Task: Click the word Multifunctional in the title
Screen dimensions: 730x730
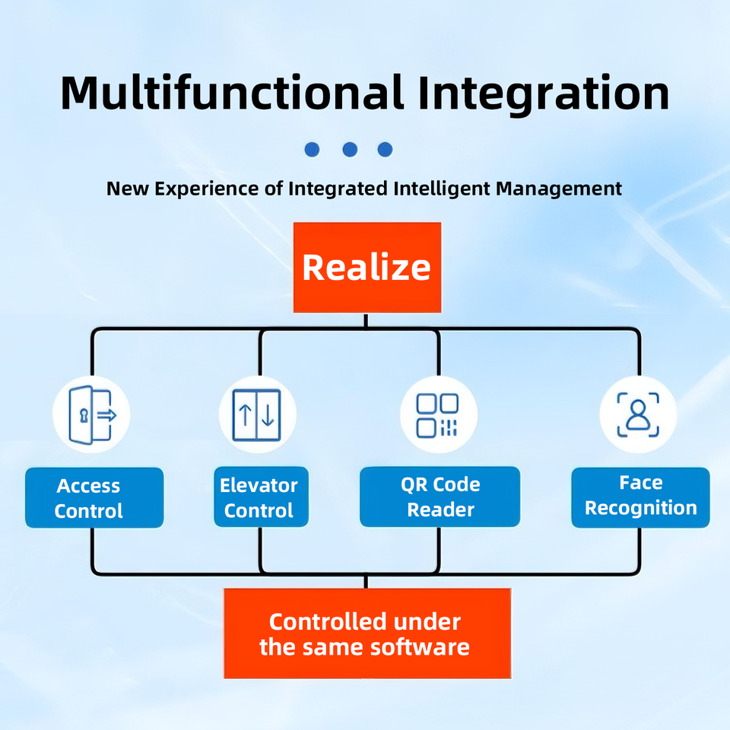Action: [x=232, y=93]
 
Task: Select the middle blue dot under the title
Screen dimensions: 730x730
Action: [x=350, y=149]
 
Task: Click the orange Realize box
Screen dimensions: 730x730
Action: [x=367, y=267]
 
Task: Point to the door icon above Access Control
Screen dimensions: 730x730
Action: [x=91, y=415]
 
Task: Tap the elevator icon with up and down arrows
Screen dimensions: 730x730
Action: [x=257, y=415]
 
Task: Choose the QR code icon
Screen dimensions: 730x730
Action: [x=438, y=415]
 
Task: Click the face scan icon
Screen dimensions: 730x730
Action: [x=638, y=415]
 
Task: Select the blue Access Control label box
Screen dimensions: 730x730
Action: [x=94, y=498]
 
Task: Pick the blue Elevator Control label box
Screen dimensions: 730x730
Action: [x=260, y=497]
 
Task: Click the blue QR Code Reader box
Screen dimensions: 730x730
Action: [x=440, y=497]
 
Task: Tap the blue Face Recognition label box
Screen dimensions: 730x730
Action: [x=640, y=497]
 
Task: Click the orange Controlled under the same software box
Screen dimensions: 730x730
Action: [x=367, y=633]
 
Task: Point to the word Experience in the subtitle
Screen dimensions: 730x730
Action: [x=199, y=188]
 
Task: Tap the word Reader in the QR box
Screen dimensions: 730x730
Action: [x=440, y=509]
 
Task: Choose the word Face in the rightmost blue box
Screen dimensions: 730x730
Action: [x=640, y=482]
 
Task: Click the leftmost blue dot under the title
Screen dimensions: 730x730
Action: [x=312, y=149]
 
